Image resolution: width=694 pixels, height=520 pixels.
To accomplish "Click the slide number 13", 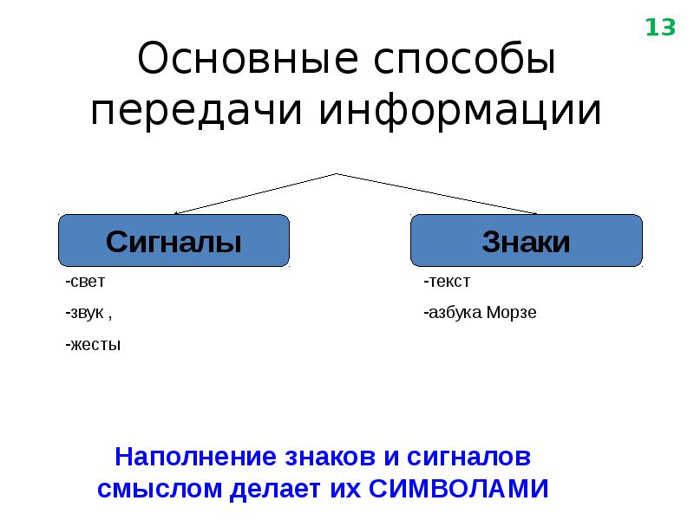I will click(x=659, y=29).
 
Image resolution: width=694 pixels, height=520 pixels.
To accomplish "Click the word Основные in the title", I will click(x=247, y=62).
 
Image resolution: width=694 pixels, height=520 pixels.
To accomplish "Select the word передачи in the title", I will click(x=196, y=111).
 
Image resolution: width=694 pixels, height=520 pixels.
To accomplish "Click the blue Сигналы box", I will click(x=173, y=241).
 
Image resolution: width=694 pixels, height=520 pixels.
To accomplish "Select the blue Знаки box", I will click(x=526, y=241).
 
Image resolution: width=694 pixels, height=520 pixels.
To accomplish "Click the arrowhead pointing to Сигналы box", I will click(x=177, y=211).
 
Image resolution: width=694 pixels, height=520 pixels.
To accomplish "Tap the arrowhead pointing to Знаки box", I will click(x=534, y=211).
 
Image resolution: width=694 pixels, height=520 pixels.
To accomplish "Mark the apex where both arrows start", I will click(x=337, y=173).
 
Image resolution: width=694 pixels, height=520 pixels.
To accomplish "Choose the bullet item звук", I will click(x=87, y=313).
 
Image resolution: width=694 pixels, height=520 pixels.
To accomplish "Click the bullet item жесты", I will click(x=93, y=345).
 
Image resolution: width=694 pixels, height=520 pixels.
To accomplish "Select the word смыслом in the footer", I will click(x=160, y=488).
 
